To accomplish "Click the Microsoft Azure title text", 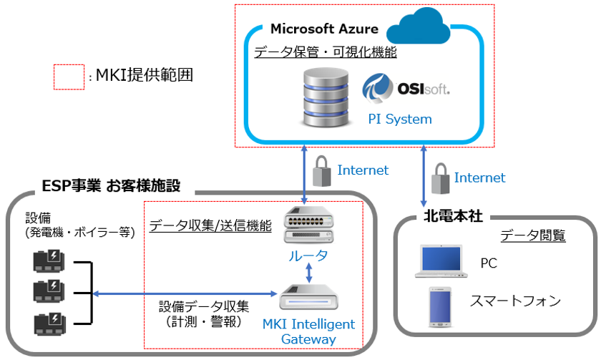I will (x=324, y=29).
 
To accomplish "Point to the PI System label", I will (x=400, y=119).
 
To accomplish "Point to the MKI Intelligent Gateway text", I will (x=308, y=331).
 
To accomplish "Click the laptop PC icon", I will (x=439, y=263).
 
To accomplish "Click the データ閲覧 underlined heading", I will (x=533, y=235).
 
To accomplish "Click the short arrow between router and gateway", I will (x=308, y=272).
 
